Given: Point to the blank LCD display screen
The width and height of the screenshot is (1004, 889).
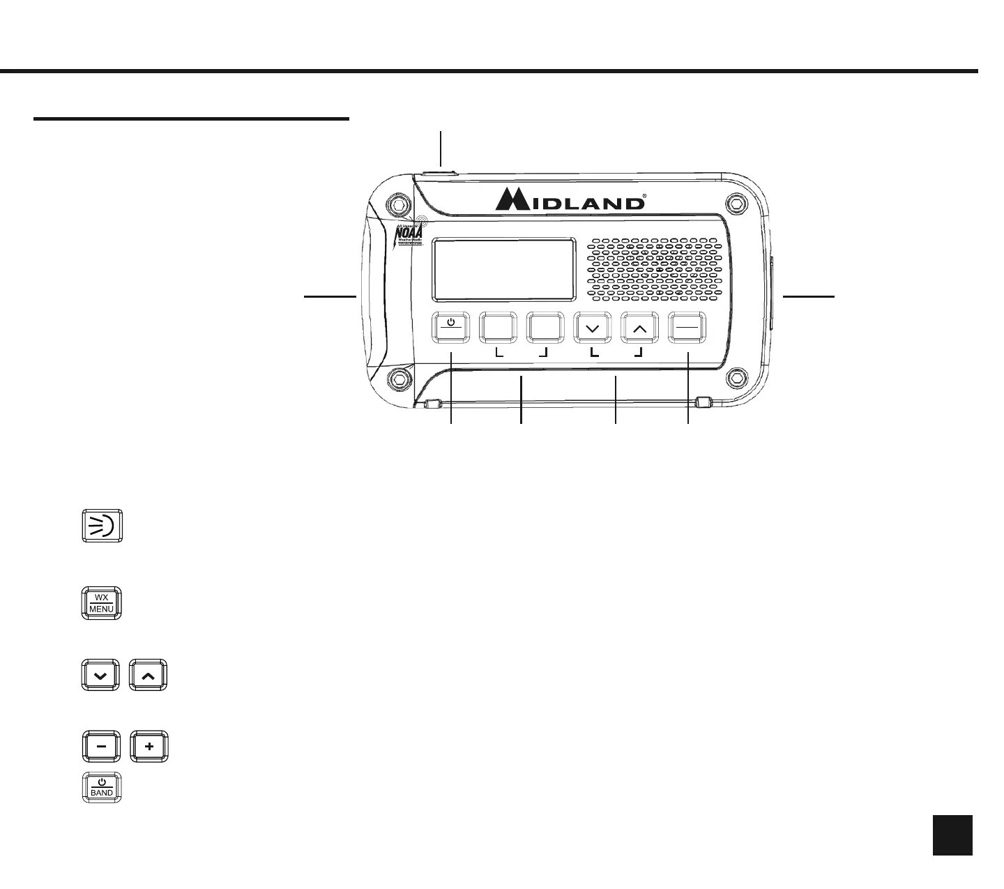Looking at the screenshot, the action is (504, 268).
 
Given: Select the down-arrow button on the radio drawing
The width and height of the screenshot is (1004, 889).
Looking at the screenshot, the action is (592, 328).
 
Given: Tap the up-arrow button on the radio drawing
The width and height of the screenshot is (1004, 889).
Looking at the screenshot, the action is (639, 328).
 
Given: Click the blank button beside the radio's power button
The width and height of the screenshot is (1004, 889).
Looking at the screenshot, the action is (498, 328).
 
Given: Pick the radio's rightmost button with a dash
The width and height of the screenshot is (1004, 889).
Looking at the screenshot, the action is (687, 328).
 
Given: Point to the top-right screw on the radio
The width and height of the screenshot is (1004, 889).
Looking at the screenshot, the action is (734, 203).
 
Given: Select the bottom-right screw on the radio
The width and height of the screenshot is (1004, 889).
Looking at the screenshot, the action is (734, 377).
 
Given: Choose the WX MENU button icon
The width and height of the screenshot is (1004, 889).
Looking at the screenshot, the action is (102, 603).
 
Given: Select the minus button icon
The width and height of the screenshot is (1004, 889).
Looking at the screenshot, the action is (101, 746).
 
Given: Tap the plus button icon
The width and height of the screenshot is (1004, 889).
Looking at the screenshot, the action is (149, 746).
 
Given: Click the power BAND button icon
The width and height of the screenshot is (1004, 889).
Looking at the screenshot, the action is (102, 787).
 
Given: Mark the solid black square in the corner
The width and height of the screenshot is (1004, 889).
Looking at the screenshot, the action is (952, 835).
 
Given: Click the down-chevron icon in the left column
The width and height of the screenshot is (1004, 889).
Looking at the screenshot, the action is (101, 675).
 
